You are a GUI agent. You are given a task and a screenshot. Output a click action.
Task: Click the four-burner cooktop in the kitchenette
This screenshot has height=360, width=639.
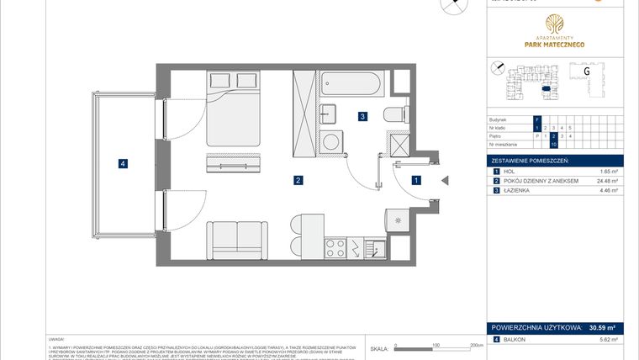point(337,247)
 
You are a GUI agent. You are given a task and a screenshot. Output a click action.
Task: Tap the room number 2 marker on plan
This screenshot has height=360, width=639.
point(298,180)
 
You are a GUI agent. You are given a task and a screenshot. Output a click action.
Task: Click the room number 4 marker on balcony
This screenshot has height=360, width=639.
point(123,164)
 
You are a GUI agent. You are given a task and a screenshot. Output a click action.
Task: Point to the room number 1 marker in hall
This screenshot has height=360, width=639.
point(415,179)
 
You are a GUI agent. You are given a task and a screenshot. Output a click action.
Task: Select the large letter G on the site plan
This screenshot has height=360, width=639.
point(586,72)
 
